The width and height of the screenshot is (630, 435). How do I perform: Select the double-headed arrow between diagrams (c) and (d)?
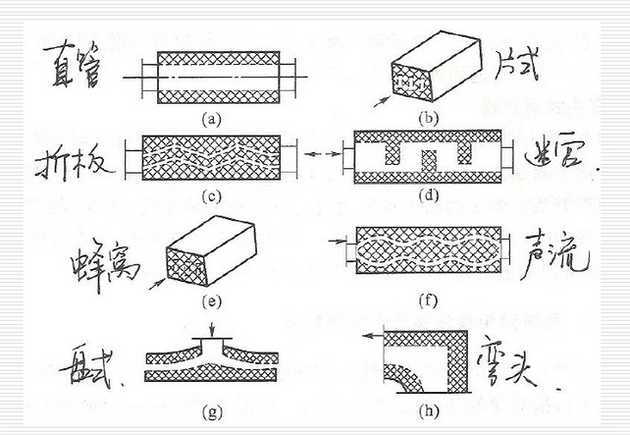312,155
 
